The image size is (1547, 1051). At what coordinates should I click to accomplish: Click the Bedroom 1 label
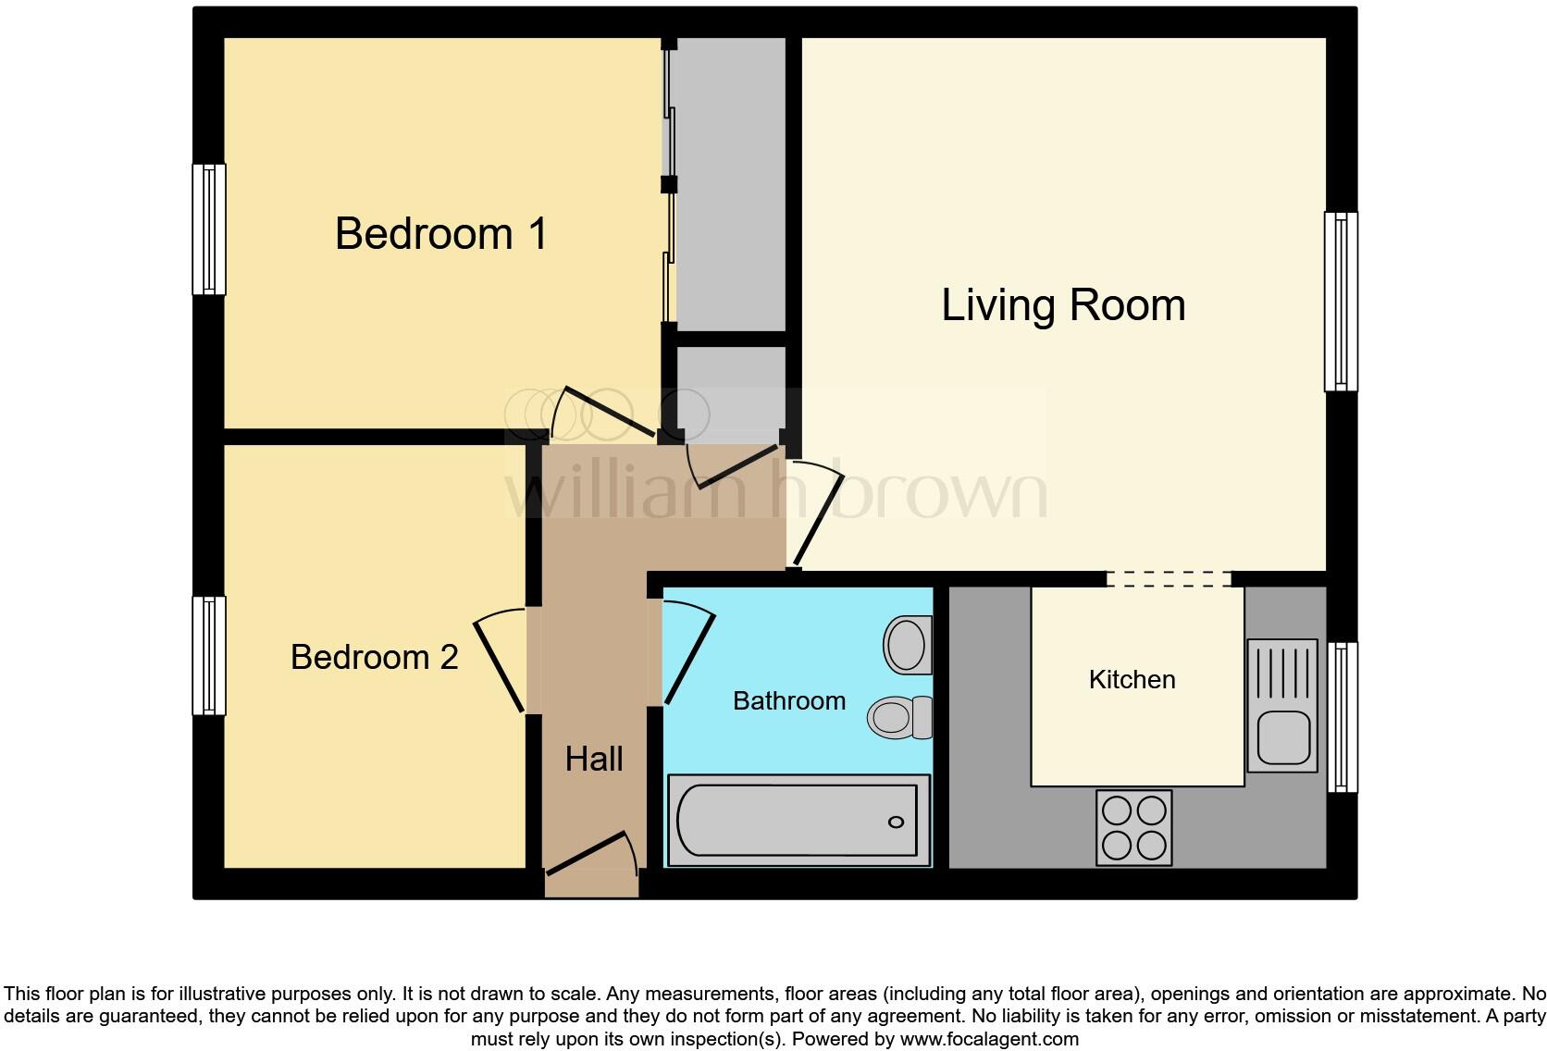pos(441,233)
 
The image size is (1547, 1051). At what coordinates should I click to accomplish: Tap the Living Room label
pos(1063,305)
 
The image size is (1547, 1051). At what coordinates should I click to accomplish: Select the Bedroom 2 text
pos(374,657)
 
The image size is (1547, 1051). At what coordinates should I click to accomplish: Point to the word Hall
pos(594,760)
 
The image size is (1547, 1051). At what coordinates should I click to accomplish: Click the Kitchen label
pos(1132,680)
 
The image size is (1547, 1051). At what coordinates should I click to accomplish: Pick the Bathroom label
pos(789,701)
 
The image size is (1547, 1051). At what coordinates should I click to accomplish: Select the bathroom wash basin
pos(907,644)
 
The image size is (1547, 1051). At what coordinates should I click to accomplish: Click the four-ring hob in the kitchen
pos(1133,827)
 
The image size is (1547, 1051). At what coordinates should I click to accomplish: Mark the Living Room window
pos(1341,301)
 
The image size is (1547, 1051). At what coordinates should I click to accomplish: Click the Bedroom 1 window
pos(209,229)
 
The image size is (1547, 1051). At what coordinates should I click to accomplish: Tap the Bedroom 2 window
pos(209,655)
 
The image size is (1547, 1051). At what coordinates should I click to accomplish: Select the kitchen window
pos(1343,717)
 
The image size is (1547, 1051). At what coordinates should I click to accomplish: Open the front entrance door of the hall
pos(590,855)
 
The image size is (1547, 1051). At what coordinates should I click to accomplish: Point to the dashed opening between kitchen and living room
pos(1169,579)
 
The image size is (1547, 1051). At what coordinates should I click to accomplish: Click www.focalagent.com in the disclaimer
pos(989,1039)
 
